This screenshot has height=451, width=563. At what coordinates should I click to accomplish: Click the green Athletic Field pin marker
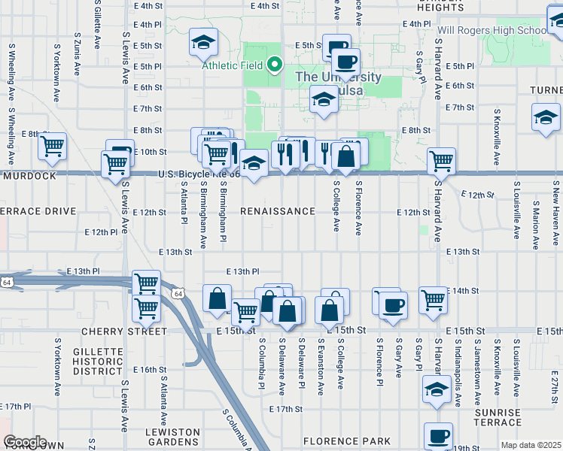click(x=275, y=65)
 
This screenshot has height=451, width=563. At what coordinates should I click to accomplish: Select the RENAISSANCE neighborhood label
click(x=278, y=212)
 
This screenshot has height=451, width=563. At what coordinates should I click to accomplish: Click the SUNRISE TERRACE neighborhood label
click(x=498, y=418)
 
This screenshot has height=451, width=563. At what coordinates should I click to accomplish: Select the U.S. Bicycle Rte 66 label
click(x=198, y=174)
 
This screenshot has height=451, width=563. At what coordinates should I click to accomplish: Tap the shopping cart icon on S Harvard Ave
click(x=441, y=160)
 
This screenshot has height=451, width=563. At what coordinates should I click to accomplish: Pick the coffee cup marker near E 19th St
click(x=438, y=434)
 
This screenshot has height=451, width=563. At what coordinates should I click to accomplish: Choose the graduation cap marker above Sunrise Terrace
click(x=437, y=391)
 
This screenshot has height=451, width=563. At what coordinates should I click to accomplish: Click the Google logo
click(x=24, y=442)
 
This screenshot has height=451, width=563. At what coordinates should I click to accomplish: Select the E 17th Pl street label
click(x=15, y=406)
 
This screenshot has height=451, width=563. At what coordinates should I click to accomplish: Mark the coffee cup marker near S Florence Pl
click(x=392, y=305)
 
